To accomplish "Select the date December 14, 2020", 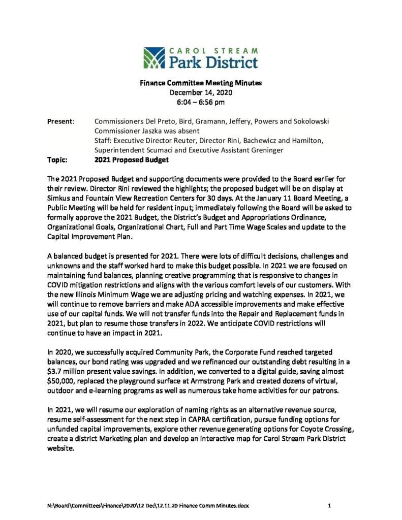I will click(201, 92).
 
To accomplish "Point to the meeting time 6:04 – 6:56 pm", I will click(201, 102).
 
